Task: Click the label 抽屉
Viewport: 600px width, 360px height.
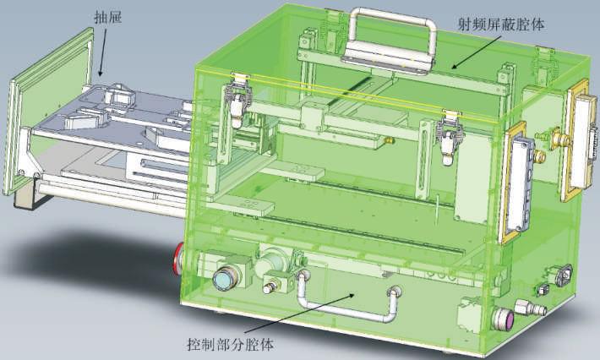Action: pyautogui.click(x=108, y=18)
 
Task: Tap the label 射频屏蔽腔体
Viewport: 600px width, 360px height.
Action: pyautogui.click(x=501, y=25)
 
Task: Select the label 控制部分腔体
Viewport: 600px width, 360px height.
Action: pyautogui.click(x=231, y=344)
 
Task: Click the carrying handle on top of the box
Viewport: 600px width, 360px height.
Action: pyautogui.click(x=390, y=41)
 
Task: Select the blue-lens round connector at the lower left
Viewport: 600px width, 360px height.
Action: pyautogui.click(x=225, y=279)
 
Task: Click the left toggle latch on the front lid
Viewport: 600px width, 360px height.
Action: pyautogui.click(x=237, y=100)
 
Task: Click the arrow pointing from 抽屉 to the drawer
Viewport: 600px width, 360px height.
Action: pyautogui.click(x=102, y=52)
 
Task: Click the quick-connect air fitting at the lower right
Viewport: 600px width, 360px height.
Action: pyautogui.click(x=531, y=308)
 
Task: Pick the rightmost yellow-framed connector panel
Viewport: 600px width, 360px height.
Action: pyautogui.click(x=581, y=140)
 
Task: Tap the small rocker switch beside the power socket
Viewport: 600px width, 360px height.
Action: pyautogui.click(x=543, y=290)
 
